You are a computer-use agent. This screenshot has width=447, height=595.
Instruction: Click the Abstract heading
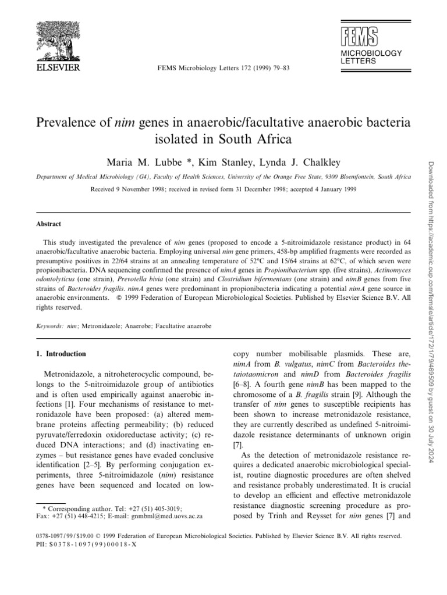(48, 224)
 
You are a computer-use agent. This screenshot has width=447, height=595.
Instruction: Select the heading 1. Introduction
(61, 353)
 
